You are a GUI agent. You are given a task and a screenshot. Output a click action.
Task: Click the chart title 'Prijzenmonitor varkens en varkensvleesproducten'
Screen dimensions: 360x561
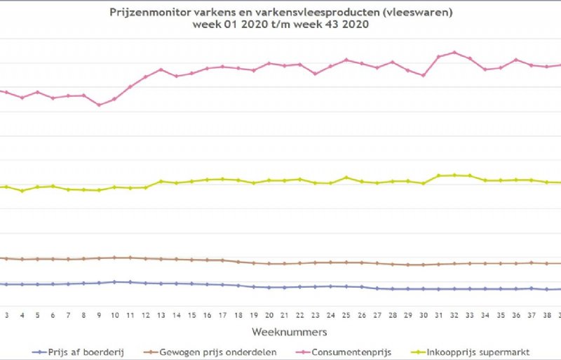(x=280, y=13)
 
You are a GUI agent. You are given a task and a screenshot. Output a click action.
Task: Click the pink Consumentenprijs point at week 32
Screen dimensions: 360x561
(x=454, y=52)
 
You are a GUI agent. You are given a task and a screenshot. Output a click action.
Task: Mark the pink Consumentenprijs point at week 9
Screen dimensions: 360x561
(x=99, y=105)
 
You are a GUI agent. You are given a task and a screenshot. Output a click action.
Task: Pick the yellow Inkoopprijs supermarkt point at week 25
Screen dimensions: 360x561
(x=346, y=177)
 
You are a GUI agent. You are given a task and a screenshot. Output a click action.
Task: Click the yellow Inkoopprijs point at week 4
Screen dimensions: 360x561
(x=22, y=191)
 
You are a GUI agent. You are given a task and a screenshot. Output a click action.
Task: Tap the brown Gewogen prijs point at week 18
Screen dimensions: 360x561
(x=238, y=262)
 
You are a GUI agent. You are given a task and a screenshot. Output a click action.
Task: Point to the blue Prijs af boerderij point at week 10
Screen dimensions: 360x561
(x=114, y=281)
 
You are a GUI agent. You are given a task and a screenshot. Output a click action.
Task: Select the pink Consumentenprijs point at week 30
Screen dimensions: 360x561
(x=424, y=75)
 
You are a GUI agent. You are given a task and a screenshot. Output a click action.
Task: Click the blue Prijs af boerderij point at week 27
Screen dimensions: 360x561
(x=377, y=288)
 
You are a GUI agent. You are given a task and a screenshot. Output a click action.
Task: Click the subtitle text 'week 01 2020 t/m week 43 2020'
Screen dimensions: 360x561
(x=280, y=25)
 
